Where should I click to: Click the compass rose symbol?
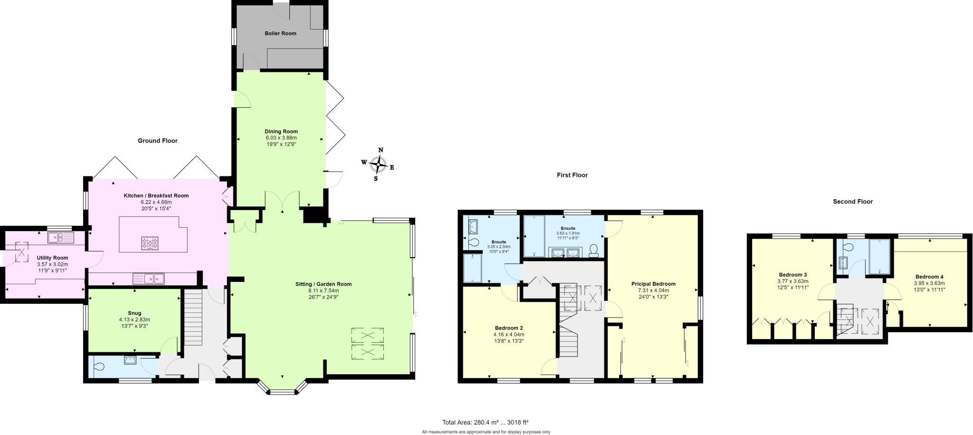(x=378, y=165)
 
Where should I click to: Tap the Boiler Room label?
(x=280, y=33)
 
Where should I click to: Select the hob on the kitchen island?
(x=150, y=244)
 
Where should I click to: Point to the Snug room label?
(x=134, y=313)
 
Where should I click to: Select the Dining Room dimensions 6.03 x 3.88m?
(x=281, y=138)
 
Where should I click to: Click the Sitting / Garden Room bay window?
(x=282, y=391)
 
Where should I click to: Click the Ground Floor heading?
(x=157, y=141)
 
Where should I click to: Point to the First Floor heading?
(x=572, y=175)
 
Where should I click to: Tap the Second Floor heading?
(x=852, y=202)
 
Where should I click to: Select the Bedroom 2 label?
(x=508, y=328)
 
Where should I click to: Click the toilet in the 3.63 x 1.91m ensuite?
(x=593, y=251)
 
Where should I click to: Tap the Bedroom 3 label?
(x=792, y=275)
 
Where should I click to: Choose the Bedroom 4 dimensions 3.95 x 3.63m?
(x=929, y=283)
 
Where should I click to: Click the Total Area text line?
(x=485, y=422)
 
